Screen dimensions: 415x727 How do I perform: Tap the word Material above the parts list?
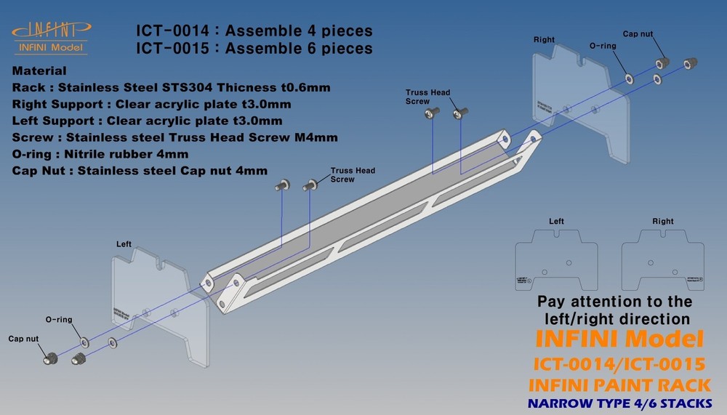39,71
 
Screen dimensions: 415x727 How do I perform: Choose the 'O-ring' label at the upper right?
603,46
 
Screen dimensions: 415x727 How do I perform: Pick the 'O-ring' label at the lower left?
58,319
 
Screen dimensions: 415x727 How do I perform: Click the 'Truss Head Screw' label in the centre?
353,174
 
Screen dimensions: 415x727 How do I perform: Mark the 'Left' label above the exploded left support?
124,244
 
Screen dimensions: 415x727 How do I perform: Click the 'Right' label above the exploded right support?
544,39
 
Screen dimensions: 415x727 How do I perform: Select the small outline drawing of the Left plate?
557,257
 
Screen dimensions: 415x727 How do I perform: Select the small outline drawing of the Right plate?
662,257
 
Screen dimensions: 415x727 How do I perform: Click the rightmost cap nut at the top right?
692,63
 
